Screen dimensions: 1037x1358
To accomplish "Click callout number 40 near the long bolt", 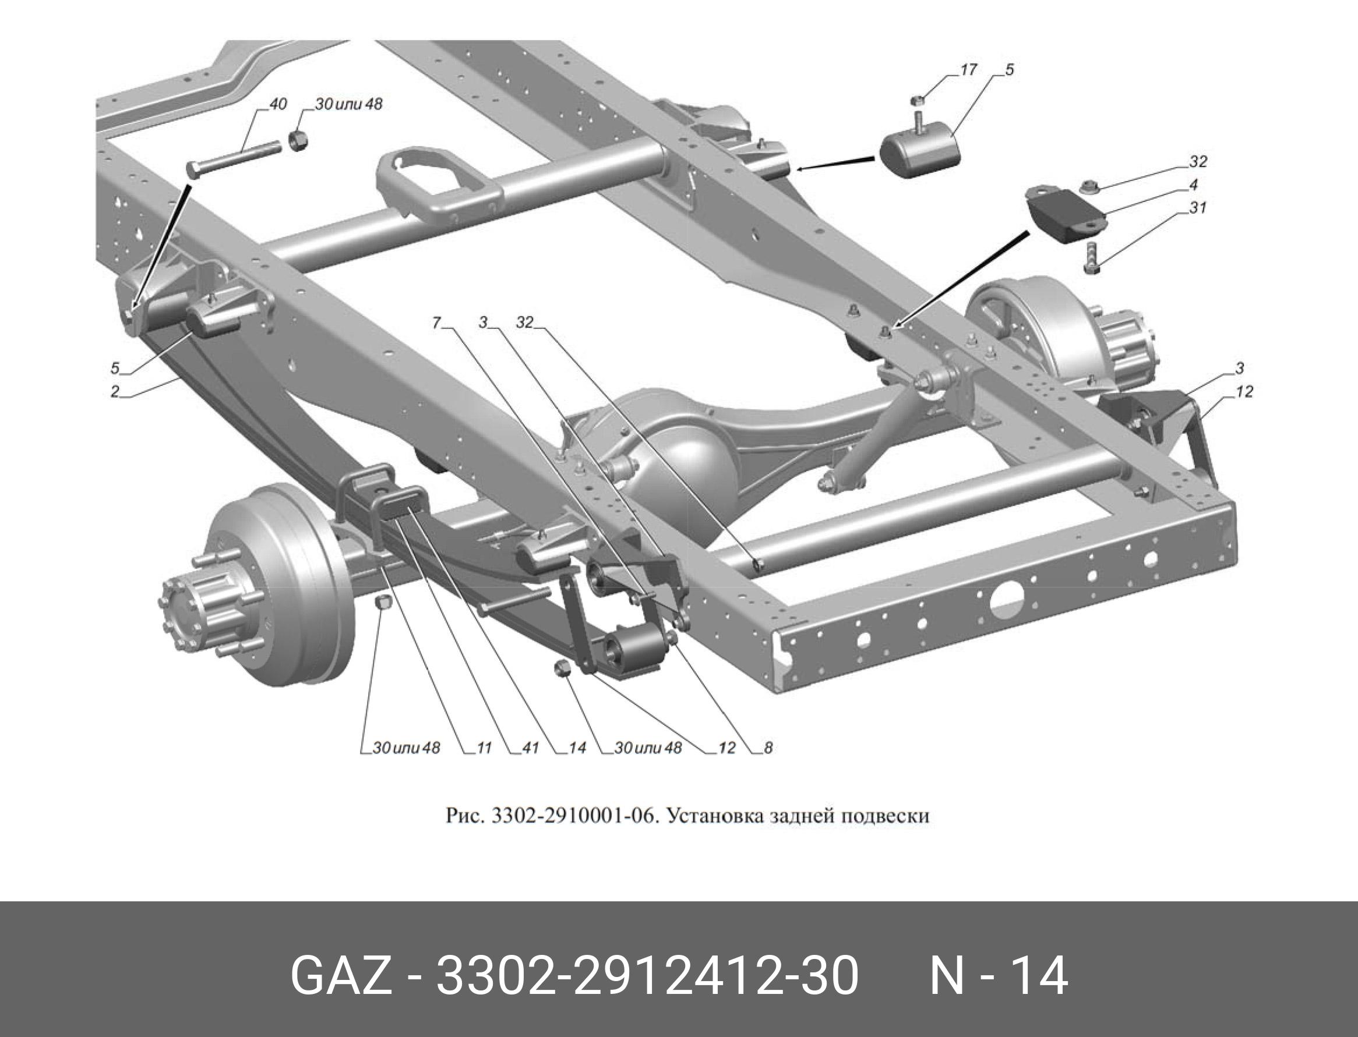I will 278,104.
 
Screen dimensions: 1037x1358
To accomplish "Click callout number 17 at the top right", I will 968,70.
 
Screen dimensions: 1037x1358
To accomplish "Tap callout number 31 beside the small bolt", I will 1198,208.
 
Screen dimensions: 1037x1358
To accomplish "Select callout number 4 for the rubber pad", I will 1194,185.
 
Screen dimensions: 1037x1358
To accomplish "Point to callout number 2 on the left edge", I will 115,392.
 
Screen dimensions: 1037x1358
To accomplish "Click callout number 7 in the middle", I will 436,322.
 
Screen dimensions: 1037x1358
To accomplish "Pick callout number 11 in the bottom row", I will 484,748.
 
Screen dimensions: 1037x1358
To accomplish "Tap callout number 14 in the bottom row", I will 577,748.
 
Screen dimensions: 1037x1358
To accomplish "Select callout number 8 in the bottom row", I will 768,748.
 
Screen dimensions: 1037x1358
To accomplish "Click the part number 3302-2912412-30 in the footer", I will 647,976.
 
